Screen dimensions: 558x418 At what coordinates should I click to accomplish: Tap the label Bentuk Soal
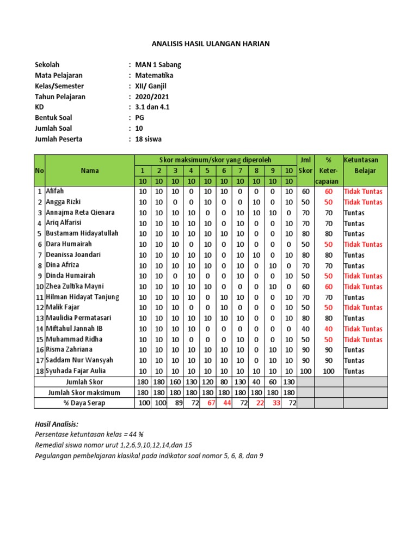[x=53, y=118]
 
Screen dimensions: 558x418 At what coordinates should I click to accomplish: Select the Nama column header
[x=90, y=171]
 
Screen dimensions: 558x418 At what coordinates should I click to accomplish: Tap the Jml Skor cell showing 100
[x=305, y=371]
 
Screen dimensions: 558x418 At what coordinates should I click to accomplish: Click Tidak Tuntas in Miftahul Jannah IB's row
[x=363, y=329]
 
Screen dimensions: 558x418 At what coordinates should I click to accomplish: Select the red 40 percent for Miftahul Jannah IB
[x=329, y=329]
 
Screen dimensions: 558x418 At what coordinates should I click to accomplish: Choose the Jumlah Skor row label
[x=84, y=381]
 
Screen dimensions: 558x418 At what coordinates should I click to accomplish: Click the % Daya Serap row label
[x=84, y=403]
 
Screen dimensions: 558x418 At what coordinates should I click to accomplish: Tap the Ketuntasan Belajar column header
[x=365, y=165]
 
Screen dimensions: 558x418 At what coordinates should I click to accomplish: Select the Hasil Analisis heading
[x=56, y=423]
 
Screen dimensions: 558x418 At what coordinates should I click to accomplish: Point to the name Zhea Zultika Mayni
[x=75, y=287]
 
